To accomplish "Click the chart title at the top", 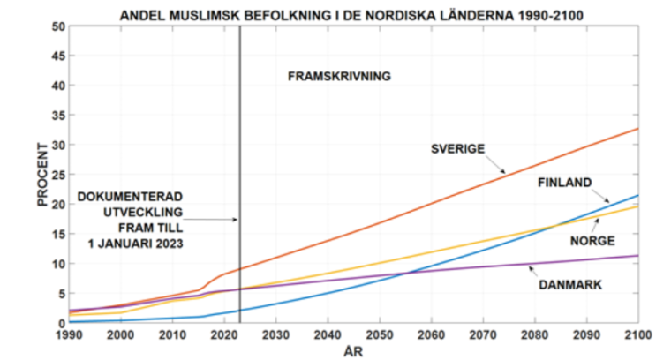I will pos(353,15).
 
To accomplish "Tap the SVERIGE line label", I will pos(457,148).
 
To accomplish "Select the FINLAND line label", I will pos(564,184).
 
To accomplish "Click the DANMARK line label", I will pos(570,284).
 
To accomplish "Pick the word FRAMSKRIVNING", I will pos(339,77).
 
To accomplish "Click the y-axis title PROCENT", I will pos(42,176).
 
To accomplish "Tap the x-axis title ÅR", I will pos(353,350).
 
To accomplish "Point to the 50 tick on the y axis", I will pos(58,26).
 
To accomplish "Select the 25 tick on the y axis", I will pos(58,175).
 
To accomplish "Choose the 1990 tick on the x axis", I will pos(70,334).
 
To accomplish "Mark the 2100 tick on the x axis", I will pos(637,334).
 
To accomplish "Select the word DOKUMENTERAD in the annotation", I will pos(131,197).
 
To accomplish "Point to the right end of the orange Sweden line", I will pos(637,129).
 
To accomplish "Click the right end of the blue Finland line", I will pos(637,196).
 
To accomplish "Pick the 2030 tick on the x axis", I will pos(276,334).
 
